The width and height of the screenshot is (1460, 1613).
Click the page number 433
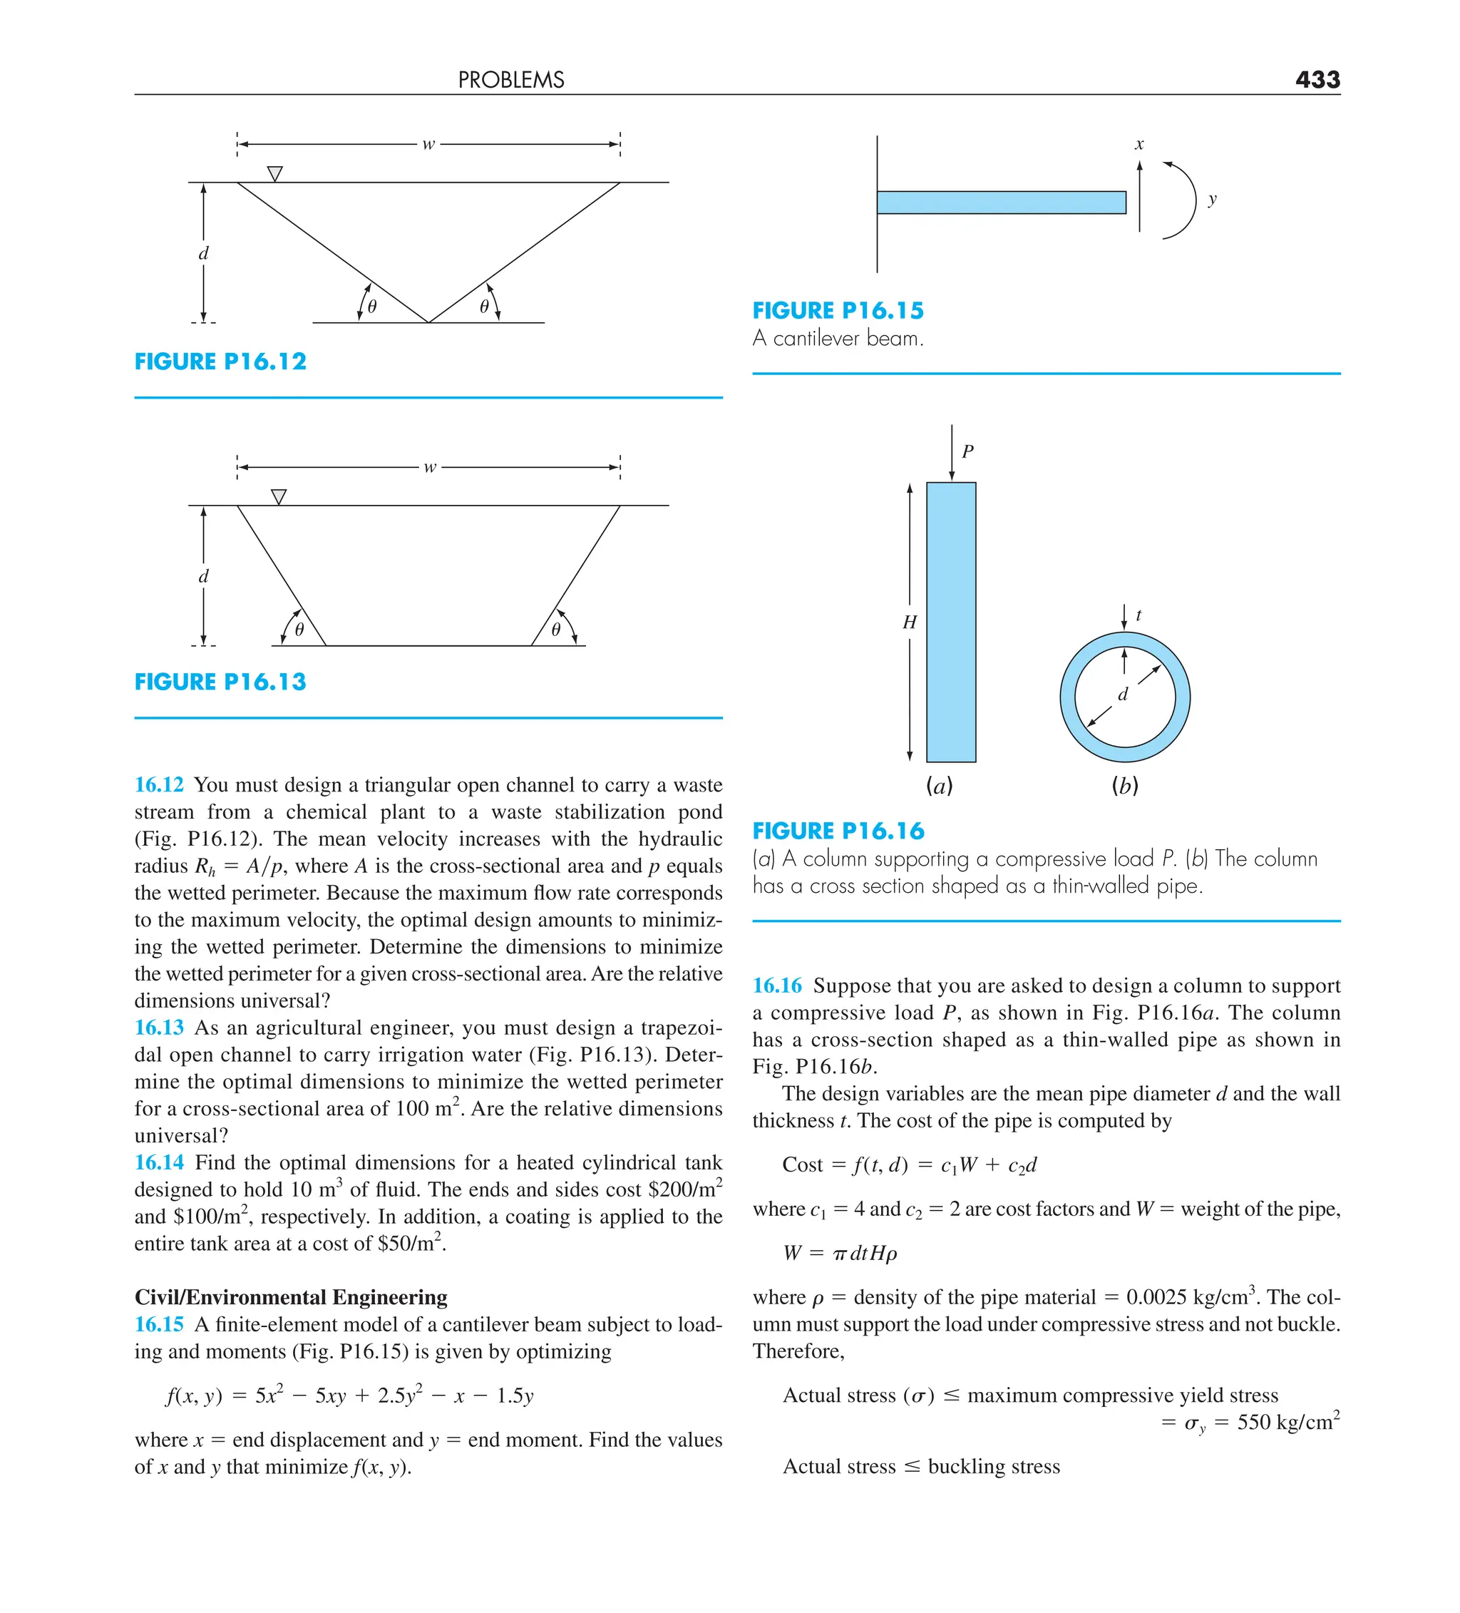coord(1317,79)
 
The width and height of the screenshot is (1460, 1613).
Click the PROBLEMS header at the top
coord(510,80)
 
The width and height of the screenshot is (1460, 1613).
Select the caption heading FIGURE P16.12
coord(220,362)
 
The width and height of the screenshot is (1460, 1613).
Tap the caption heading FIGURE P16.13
coord(220,682)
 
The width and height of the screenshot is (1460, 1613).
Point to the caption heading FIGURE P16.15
coord(838,310)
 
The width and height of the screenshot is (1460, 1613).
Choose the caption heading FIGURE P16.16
coord(838,831)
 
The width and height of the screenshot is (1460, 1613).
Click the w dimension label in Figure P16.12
coord(428,144)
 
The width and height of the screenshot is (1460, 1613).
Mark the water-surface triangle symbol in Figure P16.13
coord(279,497)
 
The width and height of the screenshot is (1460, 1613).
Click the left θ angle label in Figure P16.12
coord(372,307)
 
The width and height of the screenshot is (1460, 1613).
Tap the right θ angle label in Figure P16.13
coord(555,630)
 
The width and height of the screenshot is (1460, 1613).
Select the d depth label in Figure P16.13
coord(203,576)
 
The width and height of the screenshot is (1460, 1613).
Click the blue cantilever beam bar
coord(1000,203)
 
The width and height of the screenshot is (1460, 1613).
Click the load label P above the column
coord(967,451)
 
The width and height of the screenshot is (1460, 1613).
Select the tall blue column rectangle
coord(950,622)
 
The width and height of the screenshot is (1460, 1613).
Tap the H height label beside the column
coord(909,622)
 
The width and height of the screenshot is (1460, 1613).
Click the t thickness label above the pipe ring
coord(1138,615)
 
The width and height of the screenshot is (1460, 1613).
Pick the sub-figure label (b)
coord(1124,786)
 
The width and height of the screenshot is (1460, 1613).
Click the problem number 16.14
coord(158,1162)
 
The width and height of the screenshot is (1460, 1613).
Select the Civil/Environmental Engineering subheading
coord(290,1296)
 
